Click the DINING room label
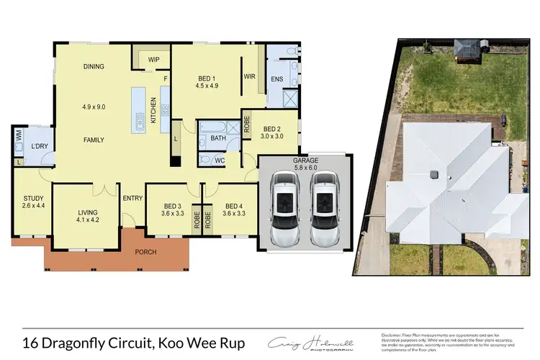click(x=94, y=66)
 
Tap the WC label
click(x=220, y=159)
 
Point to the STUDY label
click(x=34, y=198)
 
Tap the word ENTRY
click(x=132, y=199)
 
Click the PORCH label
click(x=145, y=252)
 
